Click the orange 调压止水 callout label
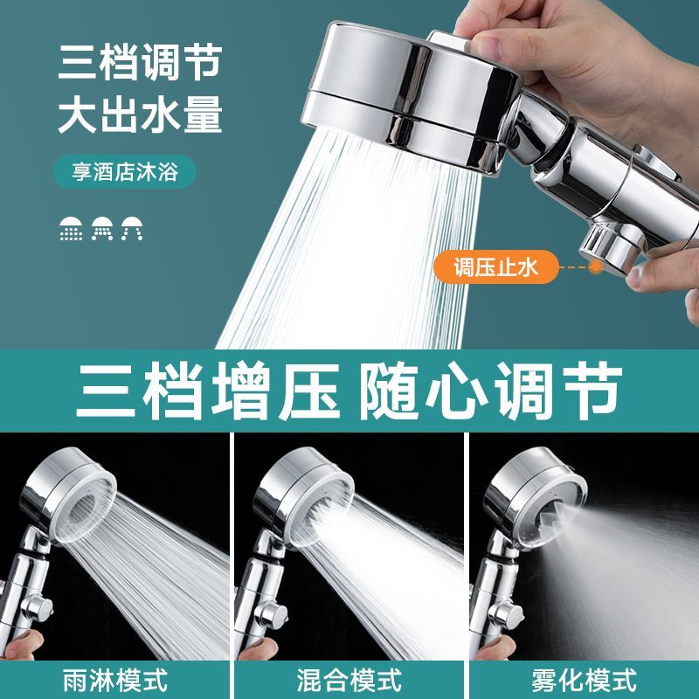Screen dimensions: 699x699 point(495,267)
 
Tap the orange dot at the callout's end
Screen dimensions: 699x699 point(596,267)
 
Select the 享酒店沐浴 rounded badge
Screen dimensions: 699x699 point(125,171)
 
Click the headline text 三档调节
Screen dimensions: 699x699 point(140,63)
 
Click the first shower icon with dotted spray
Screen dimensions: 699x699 point(72,229)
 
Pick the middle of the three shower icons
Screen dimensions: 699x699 point(102,229)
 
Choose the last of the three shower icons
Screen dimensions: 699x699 point(133,229)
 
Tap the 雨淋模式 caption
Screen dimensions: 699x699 point(115,680)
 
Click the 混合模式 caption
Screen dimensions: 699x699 point(349,680)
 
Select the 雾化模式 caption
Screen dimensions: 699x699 point(584,680)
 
